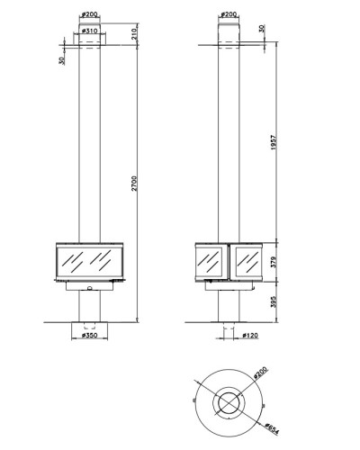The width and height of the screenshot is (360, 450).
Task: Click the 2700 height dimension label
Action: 134,184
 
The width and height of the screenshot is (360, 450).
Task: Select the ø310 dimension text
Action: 89,31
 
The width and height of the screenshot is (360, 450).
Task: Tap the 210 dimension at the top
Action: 134,32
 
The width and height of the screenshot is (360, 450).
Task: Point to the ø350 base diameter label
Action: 89,335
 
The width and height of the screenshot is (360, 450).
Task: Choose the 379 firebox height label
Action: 274,262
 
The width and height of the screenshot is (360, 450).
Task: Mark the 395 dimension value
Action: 274,302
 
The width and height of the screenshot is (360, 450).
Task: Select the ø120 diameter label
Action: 250,335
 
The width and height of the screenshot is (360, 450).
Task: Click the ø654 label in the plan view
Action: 272,428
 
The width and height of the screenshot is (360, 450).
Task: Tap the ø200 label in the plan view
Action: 260,373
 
